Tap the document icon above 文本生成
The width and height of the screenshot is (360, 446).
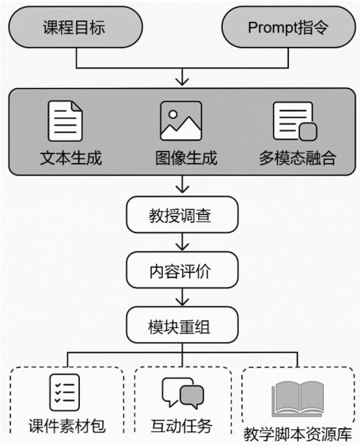pos(66,121)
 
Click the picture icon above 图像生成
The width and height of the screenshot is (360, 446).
pos(181,121)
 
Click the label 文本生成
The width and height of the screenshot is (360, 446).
pos(72,158)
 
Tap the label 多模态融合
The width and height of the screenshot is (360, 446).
pos(297,158)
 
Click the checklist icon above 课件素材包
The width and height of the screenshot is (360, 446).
pos(65,392)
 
